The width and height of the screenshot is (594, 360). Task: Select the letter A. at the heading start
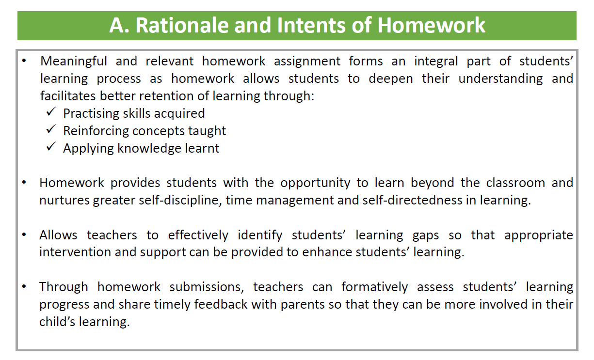coord(119,25)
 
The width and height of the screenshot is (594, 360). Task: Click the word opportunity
coord(315,183)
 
